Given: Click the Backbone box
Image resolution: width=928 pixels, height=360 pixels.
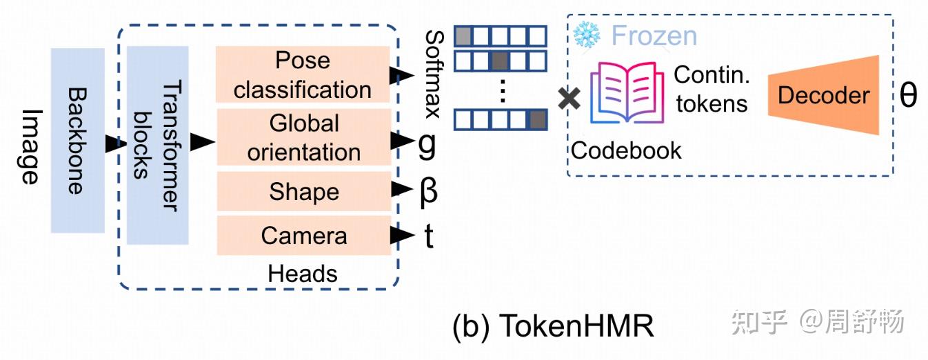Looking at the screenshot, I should click(x=77, y=141).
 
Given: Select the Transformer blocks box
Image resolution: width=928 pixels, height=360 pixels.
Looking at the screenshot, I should click(x=158, y=145).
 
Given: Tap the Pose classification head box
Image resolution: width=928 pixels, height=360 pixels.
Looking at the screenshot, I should click(x=303, y=75).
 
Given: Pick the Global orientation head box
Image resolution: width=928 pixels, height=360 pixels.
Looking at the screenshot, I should click(x=303, y=137).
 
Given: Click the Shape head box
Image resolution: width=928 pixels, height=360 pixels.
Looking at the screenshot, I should click(x=303, y=191).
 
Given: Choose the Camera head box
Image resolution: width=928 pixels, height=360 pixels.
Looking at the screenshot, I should click(x=303, y=236).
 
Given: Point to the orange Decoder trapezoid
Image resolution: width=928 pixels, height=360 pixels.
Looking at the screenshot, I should click(x=824, y=95).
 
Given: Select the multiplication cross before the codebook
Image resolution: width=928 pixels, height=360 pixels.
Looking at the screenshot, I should click(x=569, y=99).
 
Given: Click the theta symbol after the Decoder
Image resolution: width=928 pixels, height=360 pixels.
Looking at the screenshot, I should click(x=908, y=95).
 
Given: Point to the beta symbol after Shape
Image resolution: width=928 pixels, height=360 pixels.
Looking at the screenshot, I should click(x=428, y=192).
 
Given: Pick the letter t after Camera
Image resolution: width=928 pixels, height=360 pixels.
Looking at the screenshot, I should click(x=428, y=236).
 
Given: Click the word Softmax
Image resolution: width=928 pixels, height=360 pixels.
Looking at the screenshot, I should click(x=434, y=74).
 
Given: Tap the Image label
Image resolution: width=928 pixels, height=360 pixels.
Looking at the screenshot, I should click(x=28, y=146).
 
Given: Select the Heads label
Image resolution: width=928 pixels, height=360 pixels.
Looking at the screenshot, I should click(x=303, y=274).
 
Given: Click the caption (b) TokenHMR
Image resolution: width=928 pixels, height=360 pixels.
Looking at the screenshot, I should click(x=553, y=326).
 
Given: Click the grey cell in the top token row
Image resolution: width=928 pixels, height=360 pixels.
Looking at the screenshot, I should click(x=463, y=35).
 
